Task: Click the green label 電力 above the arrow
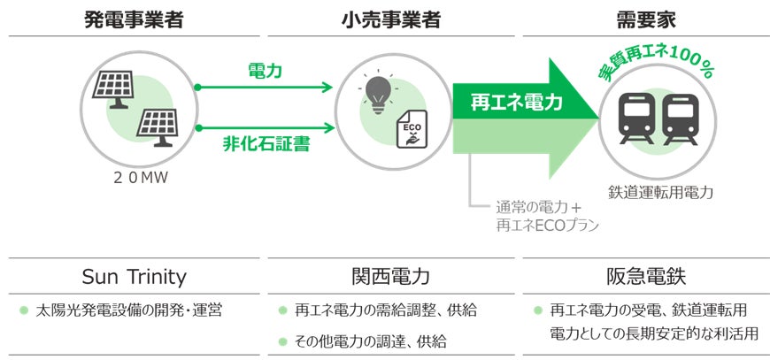click(x=266, y=72)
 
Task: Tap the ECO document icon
click(x=412, y=131)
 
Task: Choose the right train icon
click(x=680, y=116)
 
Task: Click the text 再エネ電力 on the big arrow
click(x=508, y=104)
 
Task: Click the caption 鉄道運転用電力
click(x=661, y=192)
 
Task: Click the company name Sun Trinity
click(x=134, y=276)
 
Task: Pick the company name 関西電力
click(x=389, y=276)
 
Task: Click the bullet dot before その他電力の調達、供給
click(x=283, y=340)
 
